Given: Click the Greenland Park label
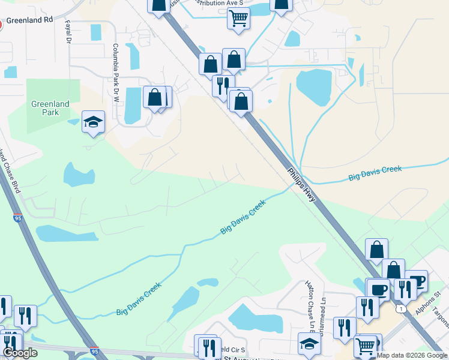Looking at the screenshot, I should [x=50, y=108].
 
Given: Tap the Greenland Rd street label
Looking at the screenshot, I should [x=30, y=20].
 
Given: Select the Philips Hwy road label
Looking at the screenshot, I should [x=304, y=181].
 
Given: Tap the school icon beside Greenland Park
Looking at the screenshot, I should [x=93, y=122].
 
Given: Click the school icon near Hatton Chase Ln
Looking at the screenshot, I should [x=309, y=343].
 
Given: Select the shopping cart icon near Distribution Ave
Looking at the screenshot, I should [x=238, y=19].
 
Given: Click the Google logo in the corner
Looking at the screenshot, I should [x=20, y=353].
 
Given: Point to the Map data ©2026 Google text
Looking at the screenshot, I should [x=412, y=356].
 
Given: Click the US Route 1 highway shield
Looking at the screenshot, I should [x=400, y=308].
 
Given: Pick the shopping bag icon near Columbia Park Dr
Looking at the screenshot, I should [x=155, y=97].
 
